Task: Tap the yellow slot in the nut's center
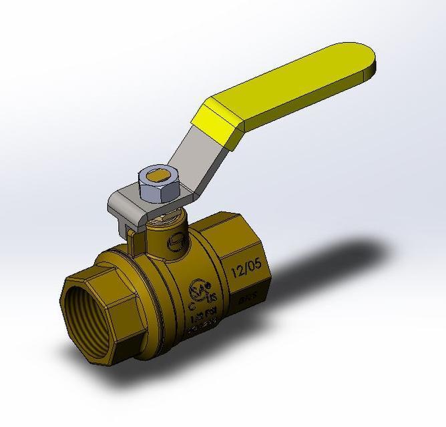pos(160,175)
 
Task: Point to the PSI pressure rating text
pos(196,314)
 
